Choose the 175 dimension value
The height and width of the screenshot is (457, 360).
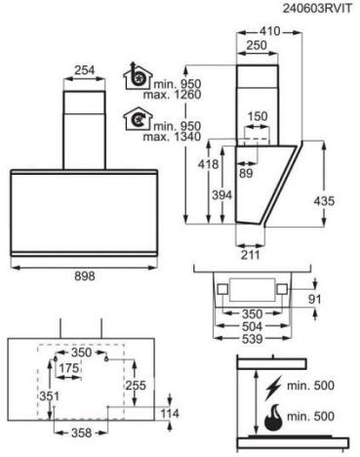coord(67,369)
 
